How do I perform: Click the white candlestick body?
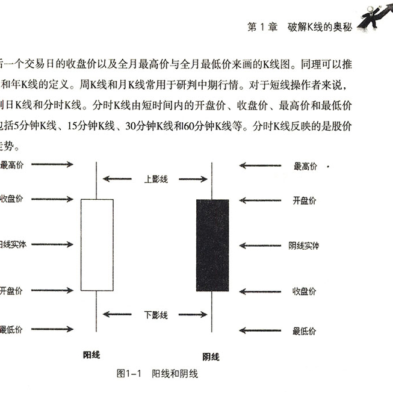coord(97,244)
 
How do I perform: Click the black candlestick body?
coord(212,244)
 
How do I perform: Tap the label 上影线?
coord(156,179)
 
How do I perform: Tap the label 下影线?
coord(156,315)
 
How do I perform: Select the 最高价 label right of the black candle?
coord(305,166)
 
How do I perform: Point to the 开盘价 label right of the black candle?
coord(305,200)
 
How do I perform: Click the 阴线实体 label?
coord(304,246)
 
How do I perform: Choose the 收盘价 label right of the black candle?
coord(305,291)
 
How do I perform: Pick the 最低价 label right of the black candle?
coord(305,330)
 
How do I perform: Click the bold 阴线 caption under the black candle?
coord(211,357)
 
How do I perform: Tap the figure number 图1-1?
coord(128,373)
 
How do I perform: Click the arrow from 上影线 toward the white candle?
coord(117,179)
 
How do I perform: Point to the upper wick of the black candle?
coord(212,181)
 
